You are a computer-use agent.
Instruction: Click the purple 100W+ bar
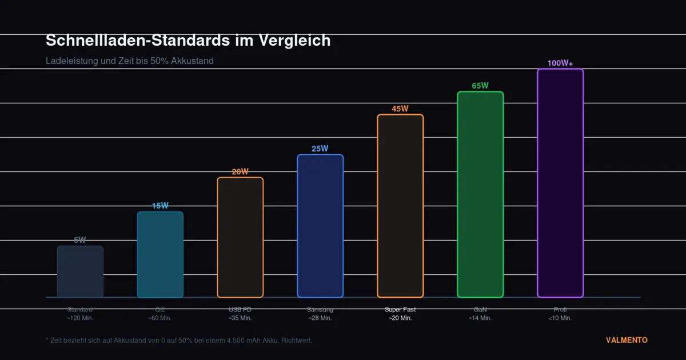[x=560, y=183]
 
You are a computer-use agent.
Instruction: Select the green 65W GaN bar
[x=480, y=194]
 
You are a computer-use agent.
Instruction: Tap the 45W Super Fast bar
[x=400, y=206]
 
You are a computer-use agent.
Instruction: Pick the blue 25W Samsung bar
[x=320, y=226]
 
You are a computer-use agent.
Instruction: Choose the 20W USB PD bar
[x=240, y=237]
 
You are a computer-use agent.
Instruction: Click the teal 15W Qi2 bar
[x=160, y=254]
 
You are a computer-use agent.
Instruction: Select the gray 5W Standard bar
[x=80, y=271]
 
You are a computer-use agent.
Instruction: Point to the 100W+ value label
[x=560, y=63]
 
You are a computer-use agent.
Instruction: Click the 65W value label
[x=480, y=86]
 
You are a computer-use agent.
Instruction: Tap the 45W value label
[x=400, y=109]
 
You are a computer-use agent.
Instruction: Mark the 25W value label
[x=320, y=149]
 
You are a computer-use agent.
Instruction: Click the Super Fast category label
[x=400, y=309]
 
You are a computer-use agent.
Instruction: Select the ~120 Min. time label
[x=80, y=318]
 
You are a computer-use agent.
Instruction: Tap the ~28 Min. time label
[x=320, y=318]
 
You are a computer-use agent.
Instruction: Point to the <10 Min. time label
[x=560, y=318]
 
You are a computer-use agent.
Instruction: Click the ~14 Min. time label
[x=480, y=318]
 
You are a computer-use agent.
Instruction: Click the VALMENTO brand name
[x=627, y=340]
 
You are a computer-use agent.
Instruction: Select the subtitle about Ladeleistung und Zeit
[x=130, y=61]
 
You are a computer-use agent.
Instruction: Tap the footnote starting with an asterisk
[x=179, y=340]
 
